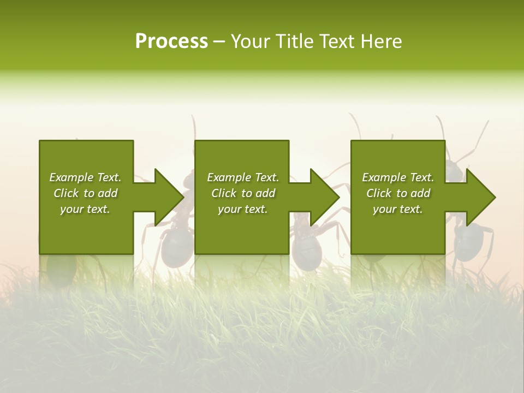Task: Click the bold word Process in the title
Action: pos(171,41)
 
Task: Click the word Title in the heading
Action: pos(295,41)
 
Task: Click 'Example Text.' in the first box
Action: pos(85,177)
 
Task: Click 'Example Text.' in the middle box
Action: pos(243,177)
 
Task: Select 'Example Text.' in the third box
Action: pos(398,177)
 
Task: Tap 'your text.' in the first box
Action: pos(85,209)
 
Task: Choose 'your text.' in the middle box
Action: pos(243,209)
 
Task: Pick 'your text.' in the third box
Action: pos(398,209)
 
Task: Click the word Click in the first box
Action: pos(67,193)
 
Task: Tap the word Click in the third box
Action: pos(379,193)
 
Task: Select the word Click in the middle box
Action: pos(224,193)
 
